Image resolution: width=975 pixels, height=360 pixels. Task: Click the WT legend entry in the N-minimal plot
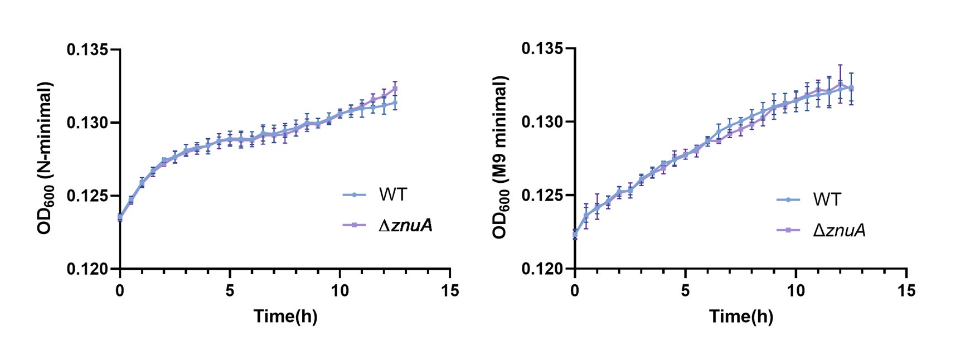[x=392, y=194]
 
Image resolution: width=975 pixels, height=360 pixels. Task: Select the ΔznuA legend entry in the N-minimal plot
[x=405, y=225]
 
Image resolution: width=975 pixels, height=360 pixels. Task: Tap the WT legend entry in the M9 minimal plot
[x=827, y=199]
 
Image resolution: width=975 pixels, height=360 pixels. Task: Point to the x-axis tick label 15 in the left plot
[x=450, y=290]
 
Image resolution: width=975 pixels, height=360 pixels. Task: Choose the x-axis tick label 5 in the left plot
[x=230, y=290]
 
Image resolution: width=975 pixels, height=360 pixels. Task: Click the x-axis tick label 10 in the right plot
[x=796, y=290]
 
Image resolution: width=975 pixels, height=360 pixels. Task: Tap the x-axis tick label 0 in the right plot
[x=575, y=290]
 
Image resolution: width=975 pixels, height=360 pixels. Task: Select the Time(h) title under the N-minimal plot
[x=285, y=317]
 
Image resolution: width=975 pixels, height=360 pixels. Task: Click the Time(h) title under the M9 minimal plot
[x=741, y=317]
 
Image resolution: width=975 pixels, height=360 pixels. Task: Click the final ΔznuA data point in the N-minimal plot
[x=395, y=88]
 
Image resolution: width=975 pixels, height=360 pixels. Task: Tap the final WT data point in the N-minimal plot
[x=395, y=102]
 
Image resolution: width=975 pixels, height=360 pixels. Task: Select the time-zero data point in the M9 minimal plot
[x=575, y=235]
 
